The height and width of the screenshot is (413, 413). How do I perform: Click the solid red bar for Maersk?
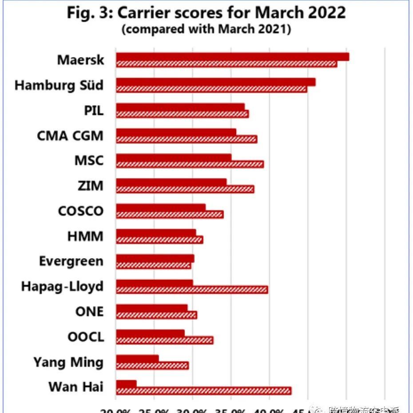[232, 56]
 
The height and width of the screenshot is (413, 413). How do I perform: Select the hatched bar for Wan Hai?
[203, 391]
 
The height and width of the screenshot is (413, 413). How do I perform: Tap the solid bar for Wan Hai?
[126, 384]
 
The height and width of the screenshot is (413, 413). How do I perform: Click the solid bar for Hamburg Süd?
[215, 82]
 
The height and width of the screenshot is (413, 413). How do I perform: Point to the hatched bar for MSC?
[190, 164]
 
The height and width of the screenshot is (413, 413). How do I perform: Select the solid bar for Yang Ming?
[137, 358]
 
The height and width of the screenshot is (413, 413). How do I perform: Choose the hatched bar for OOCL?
[164, 340]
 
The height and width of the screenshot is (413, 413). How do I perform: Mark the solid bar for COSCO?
[161, 208]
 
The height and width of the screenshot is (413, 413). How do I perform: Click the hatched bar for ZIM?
[185, 189]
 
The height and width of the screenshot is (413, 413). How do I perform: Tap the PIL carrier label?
[94, 110]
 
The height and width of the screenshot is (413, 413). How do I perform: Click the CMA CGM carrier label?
[70, 135]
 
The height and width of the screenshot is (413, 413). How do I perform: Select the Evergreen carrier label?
[71, 261]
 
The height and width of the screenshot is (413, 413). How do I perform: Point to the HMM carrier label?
[85, 236]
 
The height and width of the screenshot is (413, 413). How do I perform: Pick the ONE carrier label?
[89, 311]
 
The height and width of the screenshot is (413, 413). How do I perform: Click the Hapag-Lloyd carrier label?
[62, 286]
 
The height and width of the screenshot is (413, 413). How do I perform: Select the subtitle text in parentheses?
[206, 29]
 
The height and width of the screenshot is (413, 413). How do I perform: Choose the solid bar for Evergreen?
[155, 258]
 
